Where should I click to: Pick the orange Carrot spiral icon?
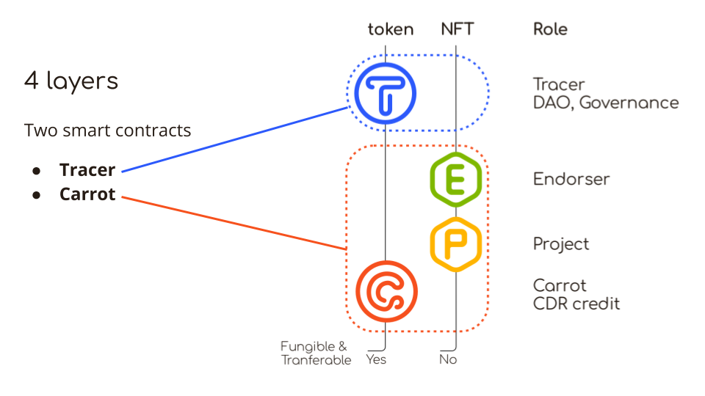386,291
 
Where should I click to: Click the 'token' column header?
391,29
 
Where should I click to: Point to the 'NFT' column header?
458,29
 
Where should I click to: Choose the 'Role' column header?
550,29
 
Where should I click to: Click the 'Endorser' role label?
571,179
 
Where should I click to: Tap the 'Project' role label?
561,244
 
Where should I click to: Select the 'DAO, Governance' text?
606,103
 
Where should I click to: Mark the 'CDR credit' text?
576,303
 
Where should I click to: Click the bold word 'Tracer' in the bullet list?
87,170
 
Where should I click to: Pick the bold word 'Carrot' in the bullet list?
87,195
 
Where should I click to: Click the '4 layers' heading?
71,81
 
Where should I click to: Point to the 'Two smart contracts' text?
108,131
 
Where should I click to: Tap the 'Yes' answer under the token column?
376,359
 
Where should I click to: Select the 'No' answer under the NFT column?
448,359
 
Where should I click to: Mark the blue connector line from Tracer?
235,139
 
